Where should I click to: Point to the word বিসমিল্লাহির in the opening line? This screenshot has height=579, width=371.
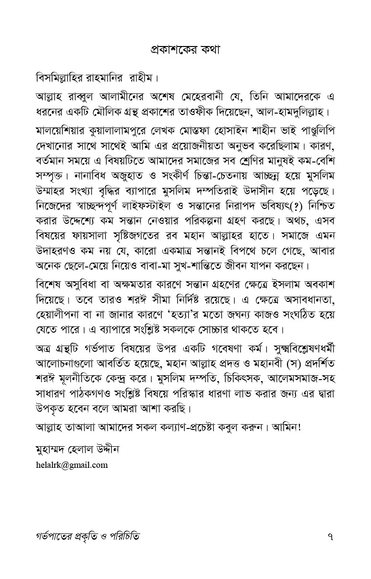(x=64, y=77)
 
